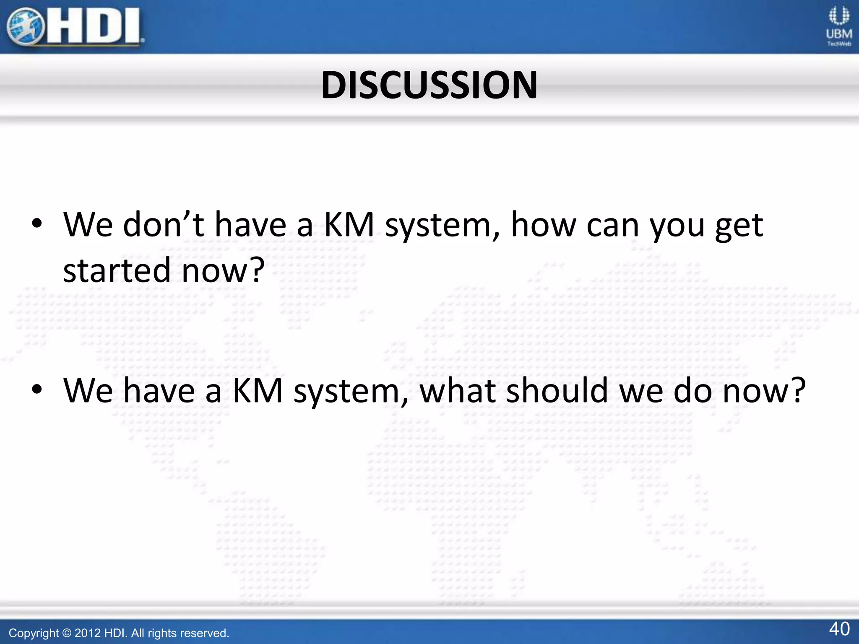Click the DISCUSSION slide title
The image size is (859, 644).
click(429, 85)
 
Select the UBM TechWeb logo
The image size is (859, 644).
click(839, 26)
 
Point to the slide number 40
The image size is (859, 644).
click(839, 629)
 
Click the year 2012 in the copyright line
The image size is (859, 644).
click(88, 633)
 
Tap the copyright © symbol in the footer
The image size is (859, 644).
click(67, 633)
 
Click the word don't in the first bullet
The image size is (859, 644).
click(164, 225)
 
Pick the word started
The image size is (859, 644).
click(116, 270)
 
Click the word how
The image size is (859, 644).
click(544, 225)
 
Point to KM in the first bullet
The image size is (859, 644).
click(349, 225)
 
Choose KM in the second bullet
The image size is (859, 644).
click(258, 391)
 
